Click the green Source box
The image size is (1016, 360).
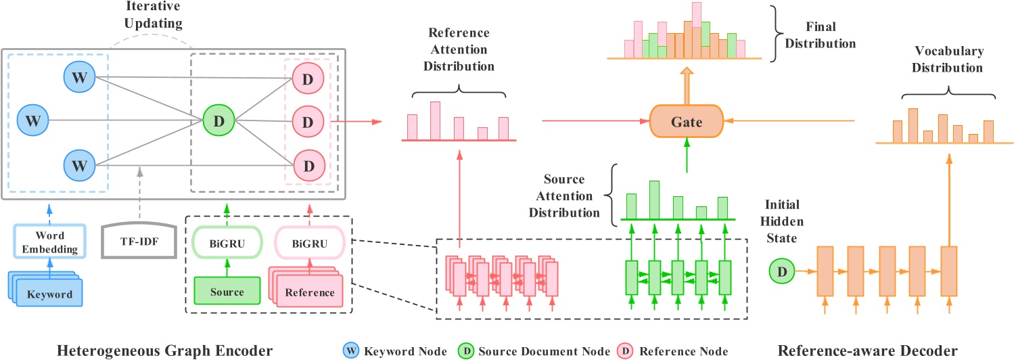click(x=227, y=292)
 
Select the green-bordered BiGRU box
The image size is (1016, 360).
click(x=227, y=242)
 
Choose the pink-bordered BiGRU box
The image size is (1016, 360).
click(x=308, y=242)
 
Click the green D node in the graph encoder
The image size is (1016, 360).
click(x=219, y=122)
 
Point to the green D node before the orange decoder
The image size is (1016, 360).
click(x=782, y=272)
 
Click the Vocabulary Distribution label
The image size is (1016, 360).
click(x=948, y=59)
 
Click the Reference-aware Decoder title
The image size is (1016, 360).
click(x=868, y=350)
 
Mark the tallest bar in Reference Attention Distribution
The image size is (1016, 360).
click(x=435, y=120)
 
